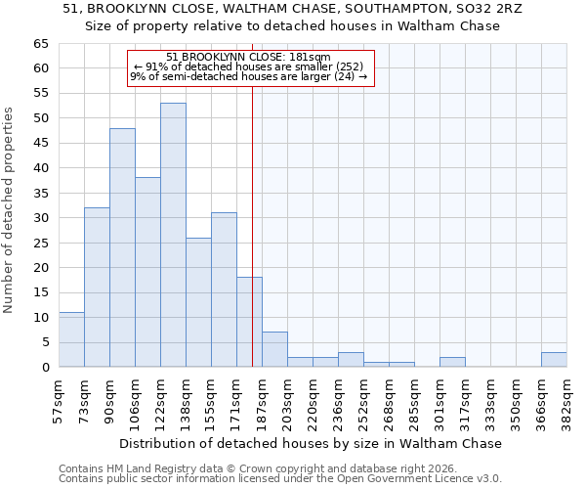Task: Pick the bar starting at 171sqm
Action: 249,322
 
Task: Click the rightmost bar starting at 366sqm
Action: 554,359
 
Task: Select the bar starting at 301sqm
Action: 452,362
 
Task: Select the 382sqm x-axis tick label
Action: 566,401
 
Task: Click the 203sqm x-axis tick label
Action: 287,401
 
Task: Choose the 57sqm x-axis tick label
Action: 60,401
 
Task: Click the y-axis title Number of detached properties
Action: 10,210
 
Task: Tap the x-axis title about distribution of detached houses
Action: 312,443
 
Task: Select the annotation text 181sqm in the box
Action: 311,57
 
